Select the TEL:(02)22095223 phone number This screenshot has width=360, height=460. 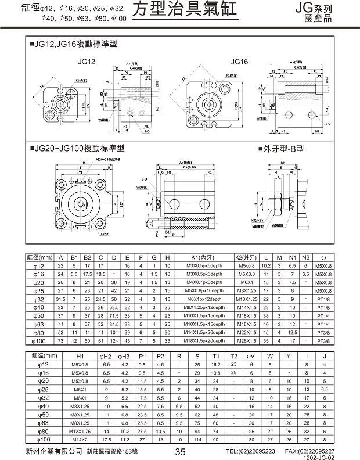251,451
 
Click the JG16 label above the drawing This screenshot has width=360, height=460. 239,61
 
